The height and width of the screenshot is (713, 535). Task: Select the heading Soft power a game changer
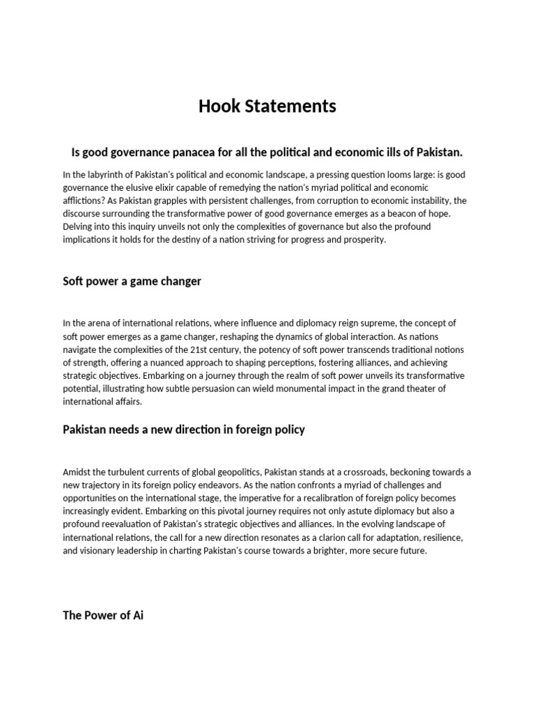[x=132, y=281]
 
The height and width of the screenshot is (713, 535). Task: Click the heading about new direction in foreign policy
[x=184, y=430]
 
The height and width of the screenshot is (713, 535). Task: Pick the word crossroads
[x=370, y=472]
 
